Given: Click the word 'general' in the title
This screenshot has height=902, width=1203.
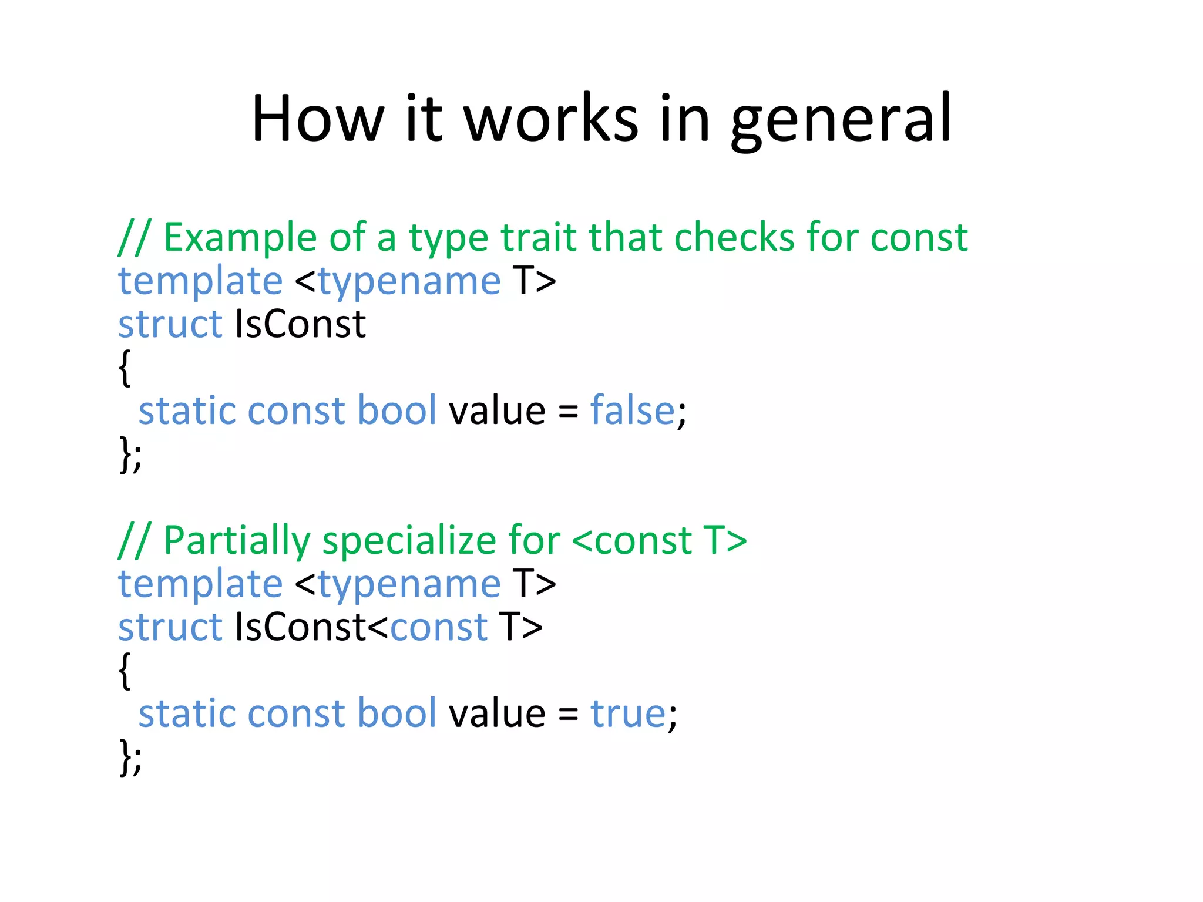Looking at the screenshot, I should [841, 120].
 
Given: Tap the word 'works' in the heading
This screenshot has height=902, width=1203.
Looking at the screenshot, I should [550, 120].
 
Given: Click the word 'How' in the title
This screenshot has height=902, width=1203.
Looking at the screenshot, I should [318, 120].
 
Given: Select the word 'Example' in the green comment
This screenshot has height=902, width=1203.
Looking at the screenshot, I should [240, 238].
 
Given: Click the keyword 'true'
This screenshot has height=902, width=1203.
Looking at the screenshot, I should [627, 713].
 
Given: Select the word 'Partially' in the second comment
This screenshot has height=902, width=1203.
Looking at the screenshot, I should [237, 541].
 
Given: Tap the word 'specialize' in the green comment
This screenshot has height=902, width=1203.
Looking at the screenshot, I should [409, 541].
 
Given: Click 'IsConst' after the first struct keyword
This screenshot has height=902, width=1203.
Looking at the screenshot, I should [300, 324].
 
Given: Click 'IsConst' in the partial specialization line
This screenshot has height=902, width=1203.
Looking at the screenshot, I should [300, 627].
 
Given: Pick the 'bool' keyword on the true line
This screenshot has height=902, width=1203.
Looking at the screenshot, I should [397, 713].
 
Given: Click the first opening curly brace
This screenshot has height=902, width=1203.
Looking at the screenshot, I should [124, 368].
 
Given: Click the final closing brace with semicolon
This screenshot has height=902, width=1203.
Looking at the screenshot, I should [130, 758].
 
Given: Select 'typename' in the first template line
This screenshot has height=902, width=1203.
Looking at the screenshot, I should [409, 281].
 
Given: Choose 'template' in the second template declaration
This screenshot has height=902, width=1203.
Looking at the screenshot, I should [200, 584].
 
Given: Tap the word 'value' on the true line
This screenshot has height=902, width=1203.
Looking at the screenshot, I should [497, 713].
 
